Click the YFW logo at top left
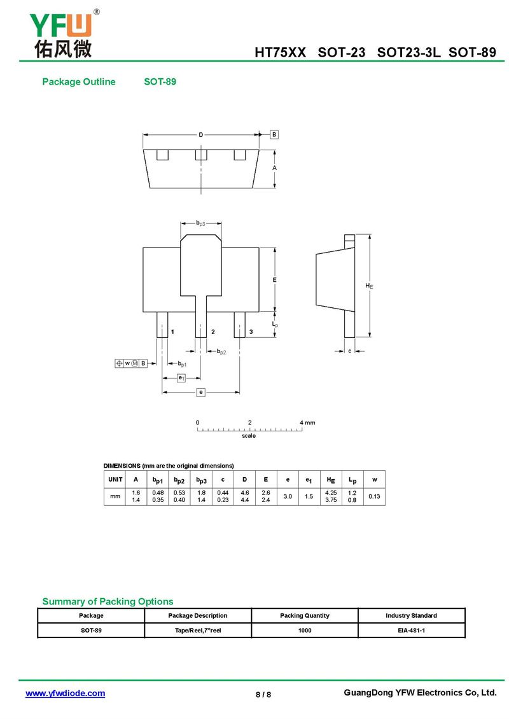pyautogui.click(x=63, y=34)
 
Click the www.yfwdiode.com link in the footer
pyautogui.click(x=65, y=694)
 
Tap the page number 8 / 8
pyautogui.click(x=263, y=694)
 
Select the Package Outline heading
pyautogui.click(x=79, y=81)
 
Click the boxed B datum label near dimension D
pyautogui.click(x=274, y=134)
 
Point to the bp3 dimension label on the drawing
pyautogui.click(x=201, y=223)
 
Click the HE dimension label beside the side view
pyautogui.click(x=369, y=286)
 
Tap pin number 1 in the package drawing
pyautogui.click(x=172, y=332)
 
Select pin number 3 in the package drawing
pyautogui.click(x=251, y=332)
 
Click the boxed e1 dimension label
pyautogui.click(x=181, y=378)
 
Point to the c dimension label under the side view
pyautogui.click(x=349, y=351)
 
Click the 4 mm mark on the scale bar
pyautogui.click(x=307, y=422)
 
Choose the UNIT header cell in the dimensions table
pyautogui.click(x=115, y=479)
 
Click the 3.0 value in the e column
pyautogui.click(x=288, y=496)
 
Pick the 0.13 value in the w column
pyautogui.click(x=374, y=496)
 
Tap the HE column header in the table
pyautogui.click(x=331, y=480)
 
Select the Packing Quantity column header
pyautogui.click(x=305, y=615)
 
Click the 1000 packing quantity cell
pyautogui.click(x=305, y=630)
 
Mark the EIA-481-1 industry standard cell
pyautogui.click(x=411, y=630)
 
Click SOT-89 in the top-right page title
pyautogui.click(x=472, y=52)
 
